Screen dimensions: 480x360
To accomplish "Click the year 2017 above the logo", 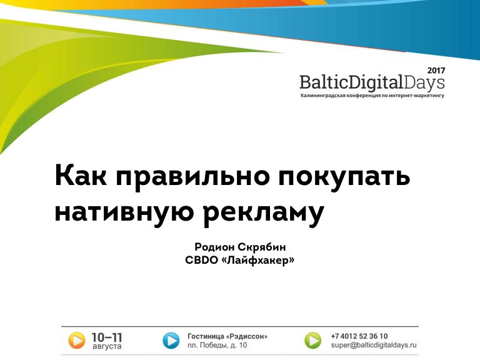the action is coord(436,71).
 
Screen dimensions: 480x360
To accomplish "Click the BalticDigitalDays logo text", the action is coord(372,82).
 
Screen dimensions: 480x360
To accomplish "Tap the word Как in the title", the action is coord(81,176).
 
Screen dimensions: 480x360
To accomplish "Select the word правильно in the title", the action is coord(192,178).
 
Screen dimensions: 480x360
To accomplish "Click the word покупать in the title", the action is coord(344,178).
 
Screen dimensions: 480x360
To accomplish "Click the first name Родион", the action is coord(214,247).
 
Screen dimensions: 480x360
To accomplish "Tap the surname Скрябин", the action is coord(262,247).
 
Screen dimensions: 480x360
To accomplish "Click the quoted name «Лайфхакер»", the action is coord(257,260).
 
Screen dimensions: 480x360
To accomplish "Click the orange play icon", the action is coord(76,341).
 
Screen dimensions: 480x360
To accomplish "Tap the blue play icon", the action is coord(171,341).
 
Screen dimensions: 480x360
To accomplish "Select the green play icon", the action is coord(313,341).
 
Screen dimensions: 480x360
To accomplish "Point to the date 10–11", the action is coord(107,337).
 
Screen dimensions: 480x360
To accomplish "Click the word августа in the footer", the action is coord(107,346).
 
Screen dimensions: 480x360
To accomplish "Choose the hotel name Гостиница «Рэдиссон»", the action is coord(227,336).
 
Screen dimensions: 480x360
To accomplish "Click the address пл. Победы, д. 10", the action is coord(217,345).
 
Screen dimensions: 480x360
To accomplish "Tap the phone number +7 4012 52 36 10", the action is coord(359,336).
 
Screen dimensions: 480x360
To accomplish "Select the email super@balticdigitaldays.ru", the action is coord(374,345).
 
